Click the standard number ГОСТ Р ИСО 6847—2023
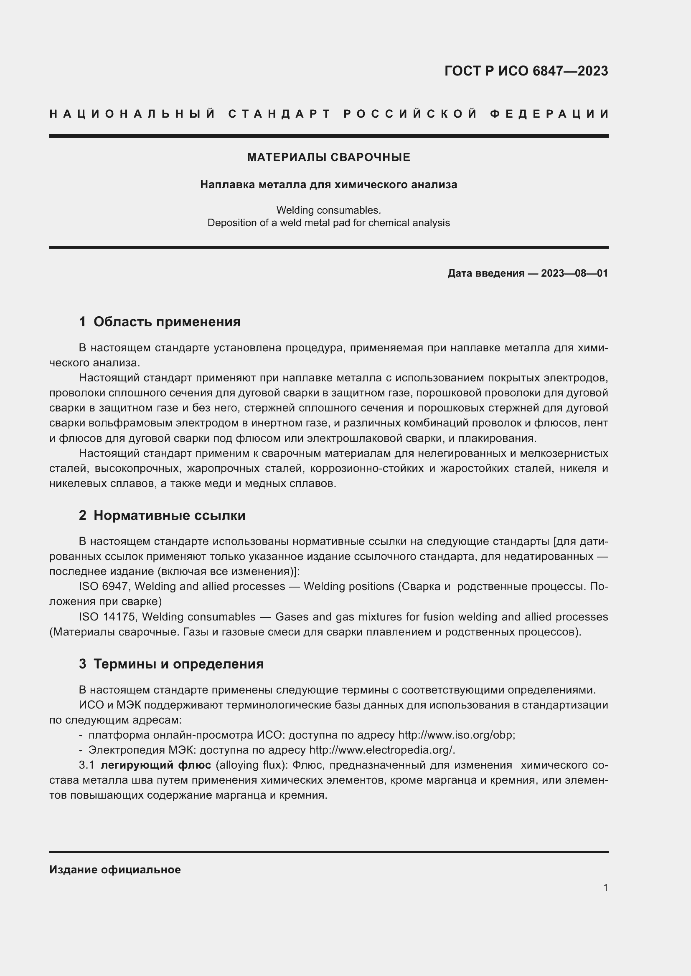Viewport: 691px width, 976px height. pyautogui.click(x=526, y=71)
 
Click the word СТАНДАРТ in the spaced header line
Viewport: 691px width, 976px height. pyautogui.click(x=279, y=114)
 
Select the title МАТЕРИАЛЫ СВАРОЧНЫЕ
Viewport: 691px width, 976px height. pyautogui.click(x=328, y=157)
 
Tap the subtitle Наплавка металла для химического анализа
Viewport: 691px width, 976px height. pyautogui.click(x=328, y=184)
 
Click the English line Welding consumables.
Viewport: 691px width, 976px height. pyautogui.click(x=328, y=210)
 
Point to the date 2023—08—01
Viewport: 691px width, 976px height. pyautogui.click(x=574, y=273)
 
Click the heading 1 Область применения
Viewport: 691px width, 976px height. pyautogui.click(x=160, y=322)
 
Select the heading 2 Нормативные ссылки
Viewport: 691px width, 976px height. pyautogui.click(x=162, y=515)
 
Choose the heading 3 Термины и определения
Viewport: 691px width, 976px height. pyautogui.click(x=171, y=663)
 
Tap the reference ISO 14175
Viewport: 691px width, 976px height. pyautogui.click(x=107, y=617)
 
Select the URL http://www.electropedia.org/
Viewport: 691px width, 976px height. pyautogui.click(x=381, y=750)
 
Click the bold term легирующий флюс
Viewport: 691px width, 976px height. pyautogui.click(x=156, y=765)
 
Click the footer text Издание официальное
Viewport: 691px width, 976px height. pyautogui.click(x=115, y=870)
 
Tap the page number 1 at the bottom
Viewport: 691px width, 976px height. pyautogui.click(x=605, y=888)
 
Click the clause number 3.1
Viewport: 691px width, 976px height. pyautogui.click(x=86, y=765)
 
